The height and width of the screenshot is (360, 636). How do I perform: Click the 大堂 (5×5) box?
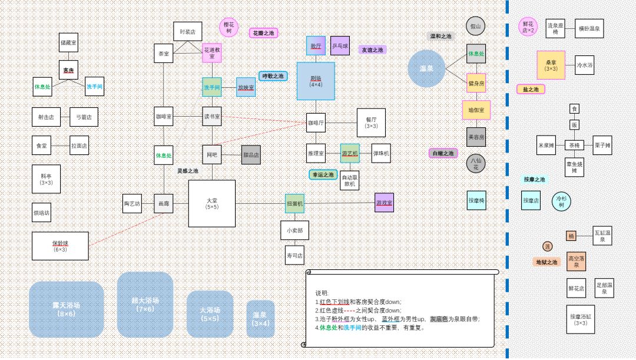[211, 203]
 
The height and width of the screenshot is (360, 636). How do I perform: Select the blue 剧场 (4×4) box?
[316, 81]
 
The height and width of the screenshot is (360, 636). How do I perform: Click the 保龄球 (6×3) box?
[60, 245]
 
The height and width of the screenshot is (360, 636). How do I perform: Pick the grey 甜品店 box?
[251, 155]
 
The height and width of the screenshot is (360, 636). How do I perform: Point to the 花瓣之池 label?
[263, 33]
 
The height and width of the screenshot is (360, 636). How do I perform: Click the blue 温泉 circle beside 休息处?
[426, 69]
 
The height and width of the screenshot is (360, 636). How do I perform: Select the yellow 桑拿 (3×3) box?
[551, 65]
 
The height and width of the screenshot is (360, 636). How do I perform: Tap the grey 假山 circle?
[475, 27]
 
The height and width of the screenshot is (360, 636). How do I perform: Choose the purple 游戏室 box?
[384, 203]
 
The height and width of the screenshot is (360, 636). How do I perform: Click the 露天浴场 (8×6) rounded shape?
[66, 309]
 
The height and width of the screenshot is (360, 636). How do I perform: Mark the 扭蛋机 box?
[294, 203]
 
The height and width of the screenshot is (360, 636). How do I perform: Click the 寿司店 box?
[294, 256]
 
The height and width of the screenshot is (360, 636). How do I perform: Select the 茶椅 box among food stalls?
[574, 145]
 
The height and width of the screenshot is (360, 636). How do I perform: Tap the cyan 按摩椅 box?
[476, 200]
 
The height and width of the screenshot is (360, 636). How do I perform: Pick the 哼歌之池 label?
[273, 76]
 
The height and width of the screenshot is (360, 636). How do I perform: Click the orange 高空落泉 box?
[577, 261]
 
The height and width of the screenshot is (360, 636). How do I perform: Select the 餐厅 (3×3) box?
[371, 123]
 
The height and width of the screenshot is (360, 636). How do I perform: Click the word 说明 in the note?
[322, 293]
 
